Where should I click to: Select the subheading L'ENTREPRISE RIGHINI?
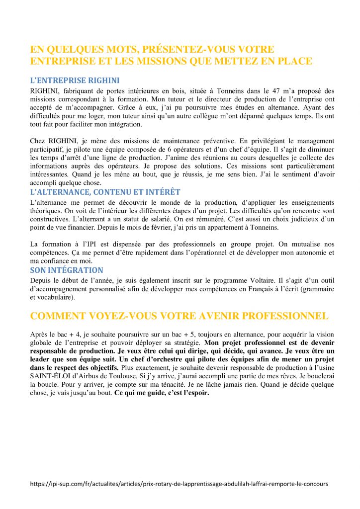click(x=75, y=80)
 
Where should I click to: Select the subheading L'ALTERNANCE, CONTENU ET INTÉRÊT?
click(x=105, y=192)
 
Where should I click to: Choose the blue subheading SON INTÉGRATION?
click(x=67, y=270)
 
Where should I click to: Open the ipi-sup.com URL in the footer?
click(x=179, y=483)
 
